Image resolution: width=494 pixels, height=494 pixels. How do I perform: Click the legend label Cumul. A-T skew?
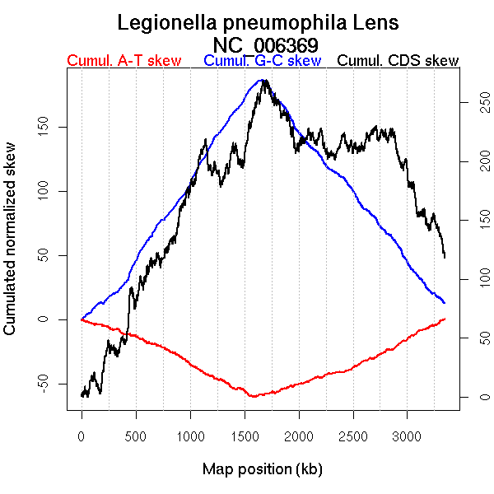(x=123, y=61)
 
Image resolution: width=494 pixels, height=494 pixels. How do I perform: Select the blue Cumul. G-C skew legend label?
(x=262, y=61)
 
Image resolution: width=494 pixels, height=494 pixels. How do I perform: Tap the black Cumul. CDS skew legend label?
(x=398, y=61)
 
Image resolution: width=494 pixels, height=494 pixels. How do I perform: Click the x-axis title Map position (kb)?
(x=262, y=469)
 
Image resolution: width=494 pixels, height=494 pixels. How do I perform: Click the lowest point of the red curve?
(x=253, y=397)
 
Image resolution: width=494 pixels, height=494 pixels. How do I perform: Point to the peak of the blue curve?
(x=262, y=80)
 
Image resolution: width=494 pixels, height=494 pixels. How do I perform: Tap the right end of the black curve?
(x=445, y=258)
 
